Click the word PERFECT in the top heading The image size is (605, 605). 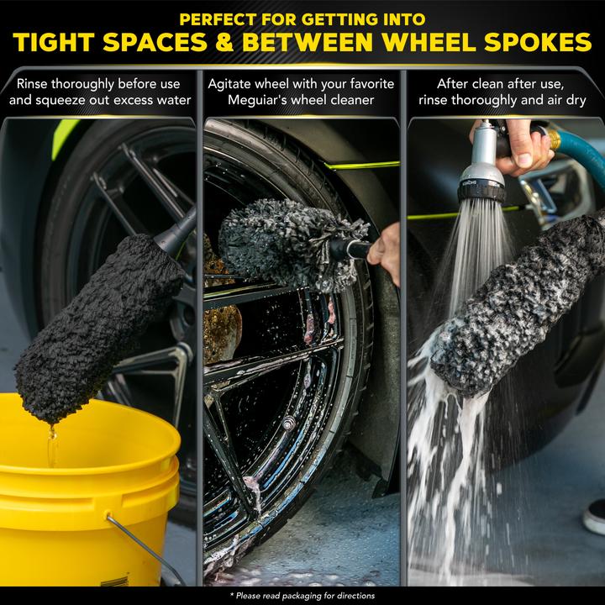218,19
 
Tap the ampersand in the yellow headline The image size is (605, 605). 225,42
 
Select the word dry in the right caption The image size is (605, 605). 576,101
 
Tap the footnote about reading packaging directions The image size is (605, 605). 302,596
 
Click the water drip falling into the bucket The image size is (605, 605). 52,444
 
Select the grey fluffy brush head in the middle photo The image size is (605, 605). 289,243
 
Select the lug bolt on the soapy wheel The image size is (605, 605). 288,423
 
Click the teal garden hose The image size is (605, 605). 582,155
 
